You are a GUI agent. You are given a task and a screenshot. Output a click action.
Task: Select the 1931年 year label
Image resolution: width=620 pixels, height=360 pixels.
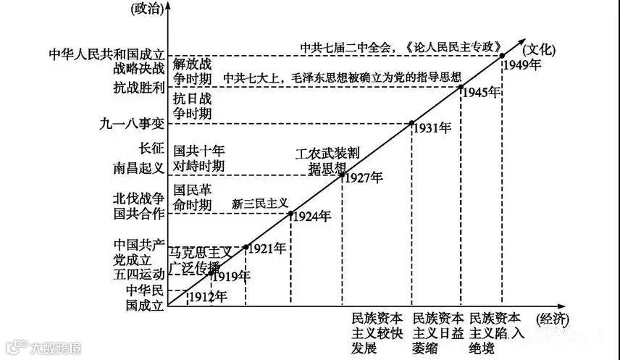[432, 128]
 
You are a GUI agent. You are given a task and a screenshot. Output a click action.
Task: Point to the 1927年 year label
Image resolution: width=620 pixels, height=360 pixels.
[364, 177]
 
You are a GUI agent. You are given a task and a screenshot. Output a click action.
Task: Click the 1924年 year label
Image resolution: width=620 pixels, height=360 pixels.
[312, 216]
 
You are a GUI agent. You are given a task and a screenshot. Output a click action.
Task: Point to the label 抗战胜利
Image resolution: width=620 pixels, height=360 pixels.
[138, 87]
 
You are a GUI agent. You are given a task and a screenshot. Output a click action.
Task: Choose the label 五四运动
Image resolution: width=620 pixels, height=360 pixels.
[138, 275]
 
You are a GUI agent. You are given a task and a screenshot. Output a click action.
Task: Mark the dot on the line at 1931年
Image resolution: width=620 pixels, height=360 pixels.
[412, 123]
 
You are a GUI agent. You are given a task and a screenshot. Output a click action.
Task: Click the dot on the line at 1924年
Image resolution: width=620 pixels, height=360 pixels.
[291, 214]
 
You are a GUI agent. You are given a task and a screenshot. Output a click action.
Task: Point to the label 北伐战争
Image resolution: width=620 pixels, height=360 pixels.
[138, 198]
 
